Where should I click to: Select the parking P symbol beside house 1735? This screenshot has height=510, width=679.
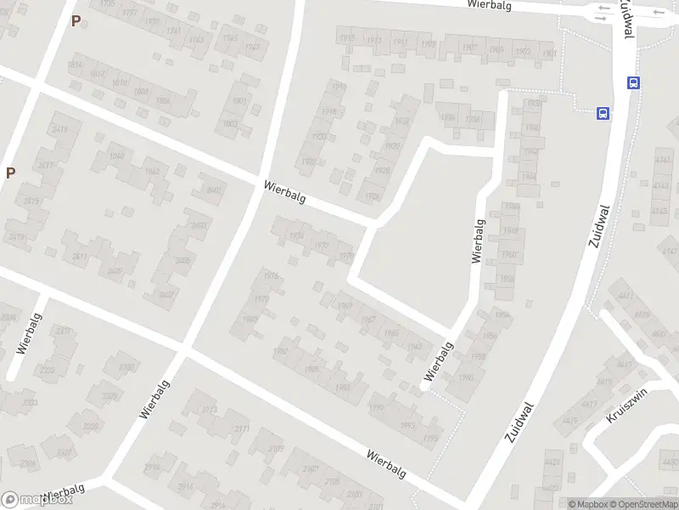click(x=76, y=21)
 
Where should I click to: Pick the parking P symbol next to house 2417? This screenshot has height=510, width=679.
click(x=10, y=173)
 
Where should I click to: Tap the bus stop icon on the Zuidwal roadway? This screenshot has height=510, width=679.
click(x=633, y=82)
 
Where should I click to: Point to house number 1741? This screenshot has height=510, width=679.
click(x=174, y=31)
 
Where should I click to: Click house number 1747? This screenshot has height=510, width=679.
click(x=252, y=47)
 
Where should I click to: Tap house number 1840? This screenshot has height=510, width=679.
click(x=117, y=156)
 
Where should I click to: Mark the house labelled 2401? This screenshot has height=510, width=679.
click(x=216, y=190)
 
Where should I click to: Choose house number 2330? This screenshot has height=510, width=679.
click(x=126, y=367)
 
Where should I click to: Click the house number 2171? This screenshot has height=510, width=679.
click(x=242, y=428)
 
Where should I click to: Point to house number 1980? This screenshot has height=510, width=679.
click(x=249, y=319)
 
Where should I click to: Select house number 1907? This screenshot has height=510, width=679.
click(x=470, y=48)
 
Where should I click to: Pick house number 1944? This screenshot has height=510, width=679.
click(x=528, y=177)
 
